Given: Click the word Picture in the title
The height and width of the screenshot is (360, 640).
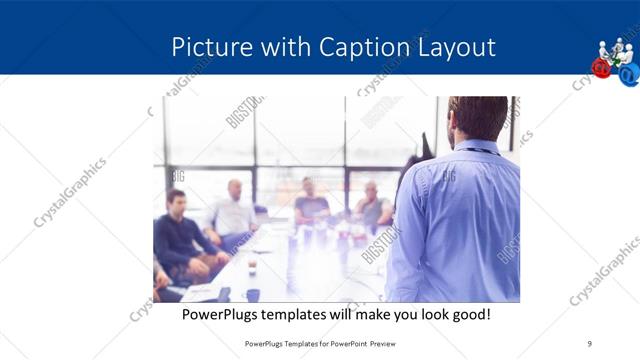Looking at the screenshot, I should (x=204, y=47).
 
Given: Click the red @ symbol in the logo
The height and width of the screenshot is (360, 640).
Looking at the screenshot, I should (x=601, y=67).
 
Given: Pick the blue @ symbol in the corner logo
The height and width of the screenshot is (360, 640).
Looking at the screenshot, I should (x=627, y=73).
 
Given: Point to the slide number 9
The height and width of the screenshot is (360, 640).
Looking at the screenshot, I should (x=589, y=343).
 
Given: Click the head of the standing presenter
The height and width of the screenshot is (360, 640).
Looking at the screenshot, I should (x=477, y=119).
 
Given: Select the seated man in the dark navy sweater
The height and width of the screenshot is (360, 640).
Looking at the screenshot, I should (x=180, y=235).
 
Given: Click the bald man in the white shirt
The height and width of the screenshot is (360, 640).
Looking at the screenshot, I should (x=234, y=210).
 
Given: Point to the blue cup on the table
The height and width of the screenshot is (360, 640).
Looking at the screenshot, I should (x=252, y=294).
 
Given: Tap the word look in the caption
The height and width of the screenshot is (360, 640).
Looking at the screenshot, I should (x=428, y=314).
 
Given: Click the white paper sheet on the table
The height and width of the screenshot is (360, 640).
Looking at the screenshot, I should (x=200, y=293).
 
